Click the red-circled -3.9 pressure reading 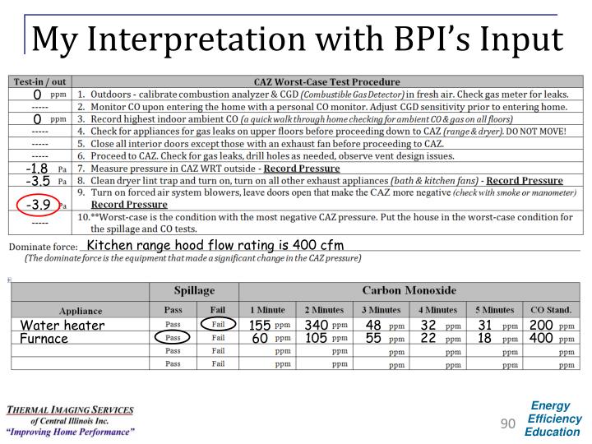pyautogui.click(x=38, y=205)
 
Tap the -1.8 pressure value pyautogui.click(x=38, y=169)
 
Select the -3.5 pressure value pyautogui.click(x=38, y=181)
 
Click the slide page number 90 pyautogui.click(x=508, y=423)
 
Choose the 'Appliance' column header pyautogui.click(x=81, y=311)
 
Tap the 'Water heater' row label pyautogui.click(x=63, y=326)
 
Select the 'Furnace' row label pyautogui.click(x=44, y=338)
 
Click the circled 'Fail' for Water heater pyautogui.click(x=218, y=326)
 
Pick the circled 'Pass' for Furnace pyautogui.click(x=173, y=338)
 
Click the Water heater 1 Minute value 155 pyautogui.click(x=260, y=326)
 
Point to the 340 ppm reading pyautogui.click(x=317, y=326)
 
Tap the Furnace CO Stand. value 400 pyautogui.click(x=541, y=338)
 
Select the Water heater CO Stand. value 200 pyautogui.click(x=541, y=326)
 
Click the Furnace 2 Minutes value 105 pyautogui.click(x=317, y=338)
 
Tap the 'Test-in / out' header pyautogui.click(x=37, y=82)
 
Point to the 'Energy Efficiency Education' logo pyautogui.click(x=553, y=419)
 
